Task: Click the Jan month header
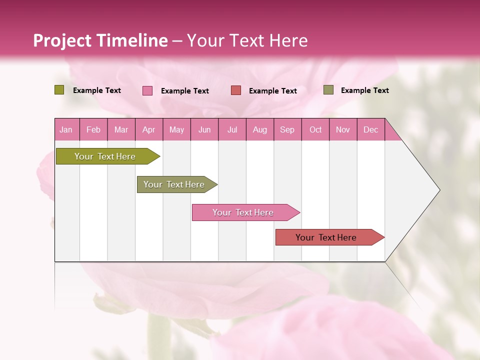[x=66, y=129]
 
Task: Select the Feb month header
[x=93, y=129]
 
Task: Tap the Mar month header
[x=121, y=129]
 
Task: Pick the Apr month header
[x=149, y=129]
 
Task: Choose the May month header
[x=176, y=129]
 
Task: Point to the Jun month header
[x=204, y=129]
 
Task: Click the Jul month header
[x=232, y=129]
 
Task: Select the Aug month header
[x=260, y=129]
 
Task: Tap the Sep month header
[x=287, y=129]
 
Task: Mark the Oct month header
[x=315, y=129]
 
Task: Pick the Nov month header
[x=343, y=129]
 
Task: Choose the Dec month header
[x=371, y=129]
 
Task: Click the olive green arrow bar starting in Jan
[x=105, y=156]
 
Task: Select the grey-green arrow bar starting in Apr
[x=174, y=184]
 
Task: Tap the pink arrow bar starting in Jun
[x=243, y=212]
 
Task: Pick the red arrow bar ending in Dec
[x=326, y=237]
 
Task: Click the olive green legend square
[x=59, y=90]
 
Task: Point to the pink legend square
[x=147, y=90]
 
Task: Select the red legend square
[x=236, y=90]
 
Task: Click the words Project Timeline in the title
[x=100, y=40]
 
